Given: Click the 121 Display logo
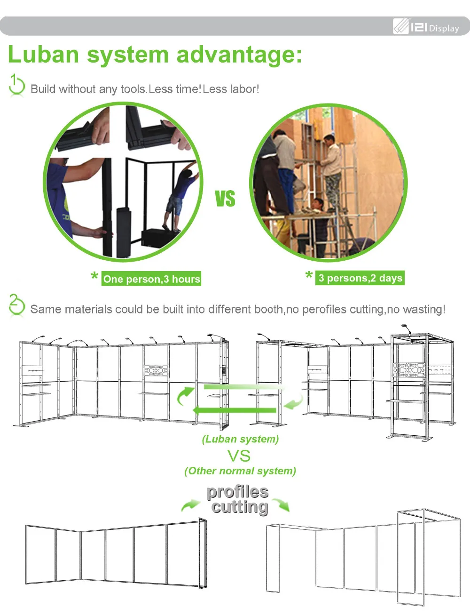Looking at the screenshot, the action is click(426, 27).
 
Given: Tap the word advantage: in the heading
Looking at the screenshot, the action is click(239, 55).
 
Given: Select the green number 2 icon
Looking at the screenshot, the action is click(16, 305).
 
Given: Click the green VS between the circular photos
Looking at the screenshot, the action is click(225, 199).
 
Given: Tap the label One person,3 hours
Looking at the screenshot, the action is click(151, 279).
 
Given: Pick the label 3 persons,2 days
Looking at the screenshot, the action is click(360, 278).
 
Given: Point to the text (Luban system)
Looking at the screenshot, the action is click(240, 439).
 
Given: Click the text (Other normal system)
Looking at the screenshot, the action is click(240, 471).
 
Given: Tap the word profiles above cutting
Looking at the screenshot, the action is click(238, 492).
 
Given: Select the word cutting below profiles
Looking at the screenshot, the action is click(240, 507).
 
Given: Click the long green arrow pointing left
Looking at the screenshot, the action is click(235, 410).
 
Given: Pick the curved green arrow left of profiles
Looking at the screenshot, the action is click(190, 505).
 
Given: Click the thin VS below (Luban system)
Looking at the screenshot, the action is click(239, 456).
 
